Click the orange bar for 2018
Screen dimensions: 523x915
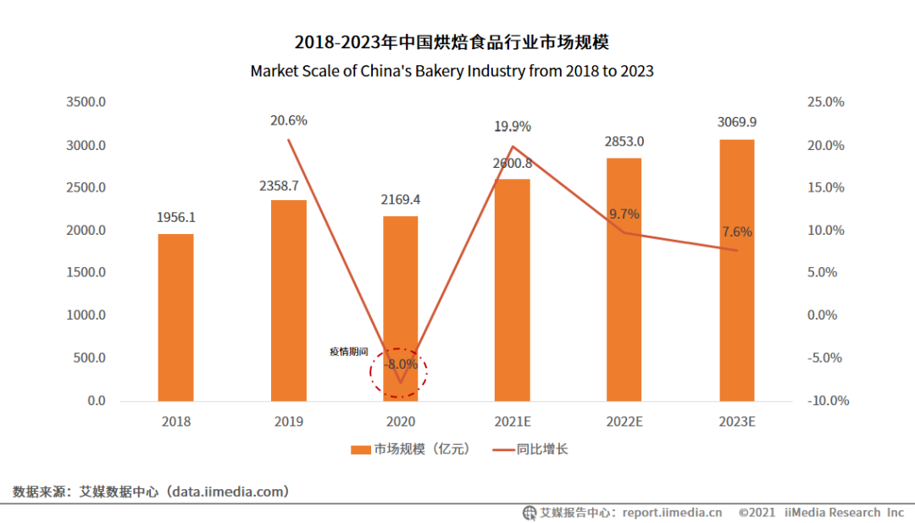coord(175,317)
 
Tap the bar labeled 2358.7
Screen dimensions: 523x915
coord(288,300)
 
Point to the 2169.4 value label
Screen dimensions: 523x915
coord(400,200)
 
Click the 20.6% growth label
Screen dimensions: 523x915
coord(288,121)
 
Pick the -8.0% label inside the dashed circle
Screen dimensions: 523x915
coord(401,364)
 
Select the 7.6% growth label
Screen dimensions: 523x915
coord(736,232)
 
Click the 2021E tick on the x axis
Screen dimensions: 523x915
coord(513,421)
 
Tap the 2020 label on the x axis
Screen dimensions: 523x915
coord(400,421)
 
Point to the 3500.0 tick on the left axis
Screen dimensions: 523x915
coord(86,103)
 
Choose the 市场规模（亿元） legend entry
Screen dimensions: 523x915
coord(411,449)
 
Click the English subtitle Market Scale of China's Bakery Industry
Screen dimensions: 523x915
coord(452,71)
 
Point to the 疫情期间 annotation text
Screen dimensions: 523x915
coord(349,351)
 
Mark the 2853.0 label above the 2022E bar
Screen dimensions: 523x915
coord(624,142)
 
